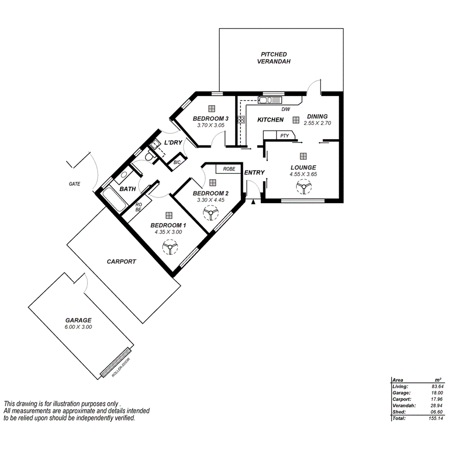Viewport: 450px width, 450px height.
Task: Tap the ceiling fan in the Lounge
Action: pos(303,187)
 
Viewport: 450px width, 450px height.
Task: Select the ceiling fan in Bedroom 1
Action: pos(169,248)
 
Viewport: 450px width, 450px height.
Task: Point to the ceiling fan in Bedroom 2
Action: pos(211,212)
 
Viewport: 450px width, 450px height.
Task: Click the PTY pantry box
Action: pos(284,136)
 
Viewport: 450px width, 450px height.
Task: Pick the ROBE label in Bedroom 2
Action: pos(229,169)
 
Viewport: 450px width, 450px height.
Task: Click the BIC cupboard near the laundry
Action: pos(177,162)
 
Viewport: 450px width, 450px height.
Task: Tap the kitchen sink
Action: pos(269,100)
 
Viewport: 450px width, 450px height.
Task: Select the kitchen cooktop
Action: pos(240,119)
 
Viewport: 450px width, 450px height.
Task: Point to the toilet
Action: pos(149,157)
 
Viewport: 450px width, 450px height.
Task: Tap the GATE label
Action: pos(74,184)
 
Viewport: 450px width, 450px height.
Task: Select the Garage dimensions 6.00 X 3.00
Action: pos(78,327)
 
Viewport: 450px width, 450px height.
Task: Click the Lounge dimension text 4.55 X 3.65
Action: pos(303,174)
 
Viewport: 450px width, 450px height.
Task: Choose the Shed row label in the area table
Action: pos(399,412)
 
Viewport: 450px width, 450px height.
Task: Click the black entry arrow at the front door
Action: pos(253,200)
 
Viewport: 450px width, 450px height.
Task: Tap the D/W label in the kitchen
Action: pos(286,110)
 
